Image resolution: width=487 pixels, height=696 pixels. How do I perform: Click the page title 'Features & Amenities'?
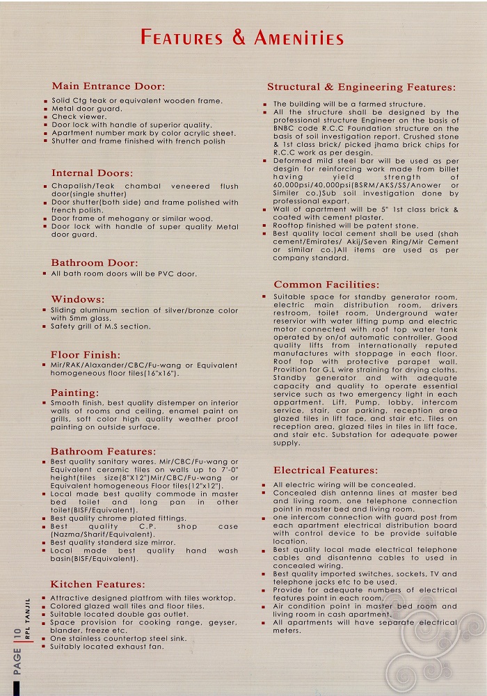(242, 38)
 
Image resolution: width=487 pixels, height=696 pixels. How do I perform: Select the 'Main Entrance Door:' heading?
(109, 86)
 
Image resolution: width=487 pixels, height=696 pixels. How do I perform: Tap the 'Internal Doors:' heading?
(92, 173)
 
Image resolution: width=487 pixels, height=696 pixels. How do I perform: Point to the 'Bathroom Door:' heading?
(95, 262)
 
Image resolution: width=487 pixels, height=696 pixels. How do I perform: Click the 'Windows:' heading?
(78, 299)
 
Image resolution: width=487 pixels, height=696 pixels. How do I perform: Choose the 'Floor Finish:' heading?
(86, 354)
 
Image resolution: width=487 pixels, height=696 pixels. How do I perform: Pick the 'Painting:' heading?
(75, 393)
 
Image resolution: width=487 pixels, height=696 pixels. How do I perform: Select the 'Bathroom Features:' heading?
(103, 451)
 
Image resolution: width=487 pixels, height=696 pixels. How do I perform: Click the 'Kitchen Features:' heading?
(98, 584)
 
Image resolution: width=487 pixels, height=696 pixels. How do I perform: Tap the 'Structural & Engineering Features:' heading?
(362, 87)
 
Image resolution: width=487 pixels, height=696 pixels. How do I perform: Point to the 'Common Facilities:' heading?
(326, 284)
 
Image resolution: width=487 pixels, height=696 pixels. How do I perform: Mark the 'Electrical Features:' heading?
(326, 470)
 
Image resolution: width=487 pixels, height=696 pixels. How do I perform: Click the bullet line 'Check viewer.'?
(79, 117)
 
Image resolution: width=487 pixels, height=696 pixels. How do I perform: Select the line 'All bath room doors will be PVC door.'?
(124, 274)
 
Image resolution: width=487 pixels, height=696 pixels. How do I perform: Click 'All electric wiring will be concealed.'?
(344, 484)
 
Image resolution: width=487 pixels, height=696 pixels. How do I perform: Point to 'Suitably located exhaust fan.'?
(107, 647)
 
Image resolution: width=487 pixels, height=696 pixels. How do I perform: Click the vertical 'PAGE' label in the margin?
(16, 661)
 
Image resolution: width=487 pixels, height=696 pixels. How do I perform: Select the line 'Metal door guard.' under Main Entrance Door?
(87, 109)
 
